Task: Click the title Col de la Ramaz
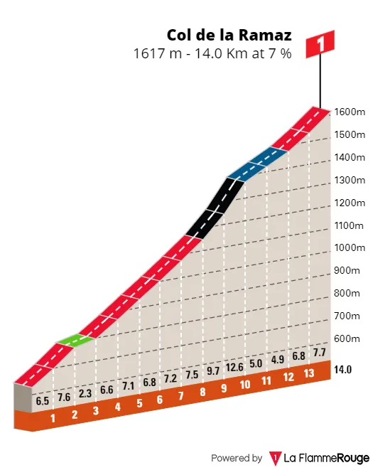pos(229,35)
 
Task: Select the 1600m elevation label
pos(350,112)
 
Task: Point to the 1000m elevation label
pos(350,247)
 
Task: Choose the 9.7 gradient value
pos(213,371)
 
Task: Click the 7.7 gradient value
pos(320,352)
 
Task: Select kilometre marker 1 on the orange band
pos(53,418)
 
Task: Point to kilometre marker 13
pos(308,373)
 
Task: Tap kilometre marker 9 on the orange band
pos(224,388)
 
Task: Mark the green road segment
pos(75,340)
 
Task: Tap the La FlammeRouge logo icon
pos(275,458)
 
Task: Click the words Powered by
pos(237,458)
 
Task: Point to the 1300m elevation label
pos(350,180)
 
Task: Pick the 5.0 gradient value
pos(256,363)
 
